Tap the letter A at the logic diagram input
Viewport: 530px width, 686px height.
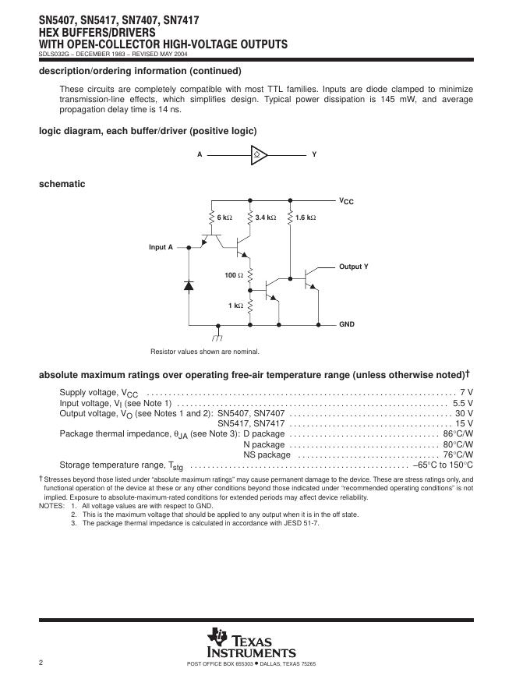click(200, 154)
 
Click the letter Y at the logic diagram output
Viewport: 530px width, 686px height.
click(314, 154)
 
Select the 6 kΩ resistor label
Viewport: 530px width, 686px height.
click(224, 217)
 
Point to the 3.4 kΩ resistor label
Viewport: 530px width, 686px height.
click(266, 217)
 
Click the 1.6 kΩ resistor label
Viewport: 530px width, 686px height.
click(306, 217)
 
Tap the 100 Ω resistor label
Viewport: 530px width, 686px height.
click(234, 275)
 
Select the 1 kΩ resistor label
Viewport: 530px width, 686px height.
click(235, 306)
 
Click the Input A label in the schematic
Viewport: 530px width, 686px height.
click(161, 247)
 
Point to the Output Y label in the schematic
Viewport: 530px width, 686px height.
click(353, 267)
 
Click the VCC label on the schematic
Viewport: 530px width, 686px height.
click(346, 201)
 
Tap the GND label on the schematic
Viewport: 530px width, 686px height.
click(346, 324)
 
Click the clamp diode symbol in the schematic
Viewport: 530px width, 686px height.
click(189, 286)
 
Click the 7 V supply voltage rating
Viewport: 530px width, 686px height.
click(467, 391)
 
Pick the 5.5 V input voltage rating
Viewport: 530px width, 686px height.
click(463, 403)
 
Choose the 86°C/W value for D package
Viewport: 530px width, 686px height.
click(458, 433)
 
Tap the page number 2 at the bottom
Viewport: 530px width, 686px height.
click(41, 663)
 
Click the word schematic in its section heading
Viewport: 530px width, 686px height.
click(62, 184)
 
